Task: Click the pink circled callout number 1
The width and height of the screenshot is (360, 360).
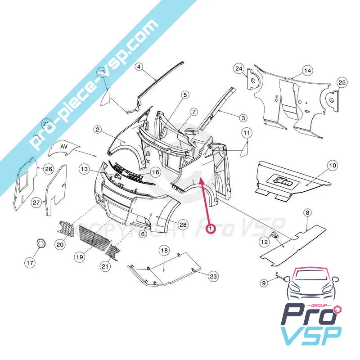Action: (210, 228)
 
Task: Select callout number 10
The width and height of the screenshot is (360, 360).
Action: (332, 166)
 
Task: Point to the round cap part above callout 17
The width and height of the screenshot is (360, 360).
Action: (42, 243)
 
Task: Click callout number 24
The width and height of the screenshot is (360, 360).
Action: (238, 69)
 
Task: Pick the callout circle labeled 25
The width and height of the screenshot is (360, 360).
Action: (342, 82)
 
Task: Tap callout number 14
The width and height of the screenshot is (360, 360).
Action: (307, 71)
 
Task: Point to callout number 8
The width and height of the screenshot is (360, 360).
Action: (307, 212)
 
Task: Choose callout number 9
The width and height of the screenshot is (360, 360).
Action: (264, 283)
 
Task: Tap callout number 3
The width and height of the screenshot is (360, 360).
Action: (243, 118)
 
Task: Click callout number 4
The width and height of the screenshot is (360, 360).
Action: (139, 66)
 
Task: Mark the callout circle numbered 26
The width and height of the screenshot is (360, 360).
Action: (48, 169)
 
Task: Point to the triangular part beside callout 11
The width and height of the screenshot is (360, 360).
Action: (246, 148)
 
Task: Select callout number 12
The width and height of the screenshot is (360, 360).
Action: (265, 242)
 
